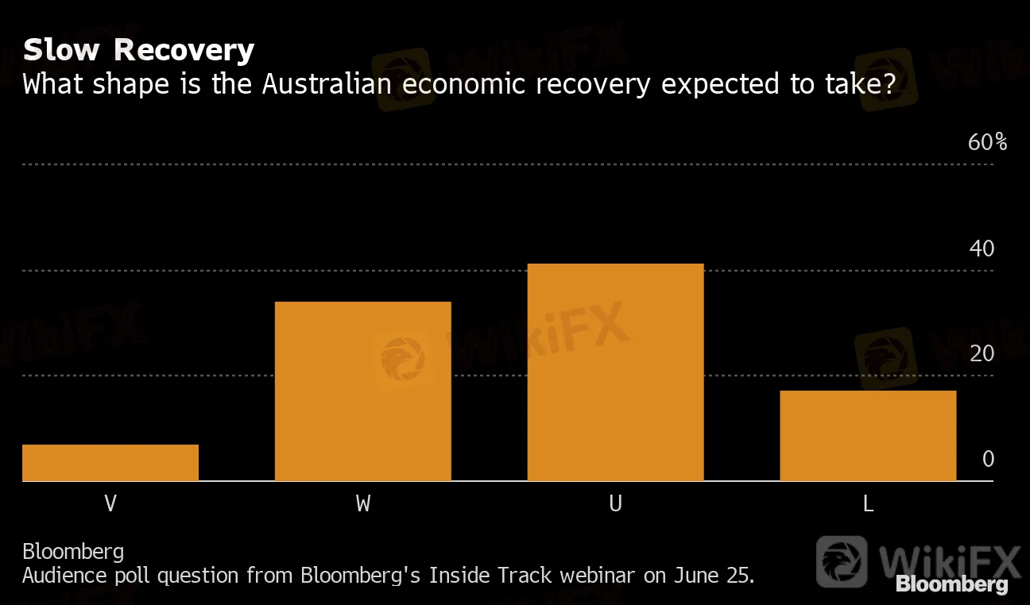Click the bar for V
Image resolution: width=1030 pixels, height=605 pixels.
[x=110, y=463]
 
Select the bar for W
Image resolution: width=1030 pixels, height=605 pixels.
[x=363, y=391]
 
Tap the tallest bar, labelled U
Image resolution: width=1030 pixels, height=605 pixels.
[x=615, y=372]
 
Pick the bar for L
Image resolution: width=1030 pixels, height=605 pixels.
[x=868, y=436]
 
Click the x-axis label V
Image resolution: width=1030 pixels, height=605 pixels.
[x=110, y=503]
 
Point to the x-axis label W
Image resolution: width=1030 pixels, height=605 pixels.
[x=363, y=503]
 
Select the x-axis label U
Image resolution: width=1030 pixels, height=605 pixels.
[x=615, y=503]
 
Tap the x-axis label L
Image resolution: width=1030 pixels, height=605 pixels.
[x=868, y=503]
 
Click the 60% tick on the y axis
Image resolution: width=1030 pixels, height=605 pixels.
[x=987, y=143]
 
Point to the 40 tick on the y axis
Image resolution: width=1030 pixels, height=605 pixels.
[x=982, y=249]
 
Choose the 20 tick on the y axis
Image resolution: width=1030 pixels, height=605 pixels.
[x=982, y=353]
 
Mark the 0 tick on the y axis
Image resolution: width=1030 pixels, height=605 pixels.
[x=988, y=459]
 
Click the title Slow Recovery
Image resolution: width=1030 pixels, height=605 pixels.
[x=138, y=50]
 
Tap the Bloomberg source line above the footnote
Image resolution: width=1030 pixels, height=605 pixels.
[x=73, y=551]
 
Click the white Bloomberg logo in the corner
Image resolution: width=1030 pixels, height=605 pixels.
[x=951, y=585]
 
